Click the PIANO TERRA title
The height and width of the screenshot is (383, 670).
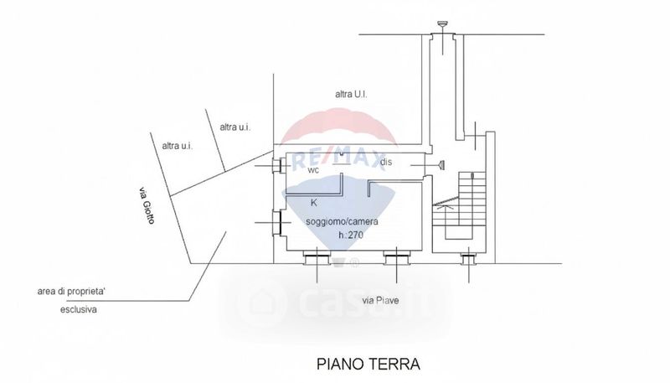click(368, 365)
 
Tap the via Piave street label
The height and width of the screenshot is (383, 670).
click(380, 301)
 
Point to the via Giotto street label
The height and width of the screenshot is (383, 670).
click(147, 205)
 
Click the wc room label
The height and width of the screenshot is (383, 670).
click(313, 170)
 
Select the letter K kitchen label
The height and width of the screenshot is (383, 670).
click(313, 203)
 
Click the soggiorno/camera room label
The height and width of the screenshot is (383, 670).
click(342, 221)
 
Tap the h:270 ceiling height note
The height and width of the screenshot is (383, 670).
click(351, 235)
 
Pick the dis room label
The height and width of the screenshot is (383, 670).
click(386, 162)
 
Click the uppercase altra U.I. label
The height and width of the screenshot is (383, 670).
click(351, 94)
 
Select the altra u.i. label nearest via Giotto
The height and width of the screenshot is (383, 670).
click(178, 146)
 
